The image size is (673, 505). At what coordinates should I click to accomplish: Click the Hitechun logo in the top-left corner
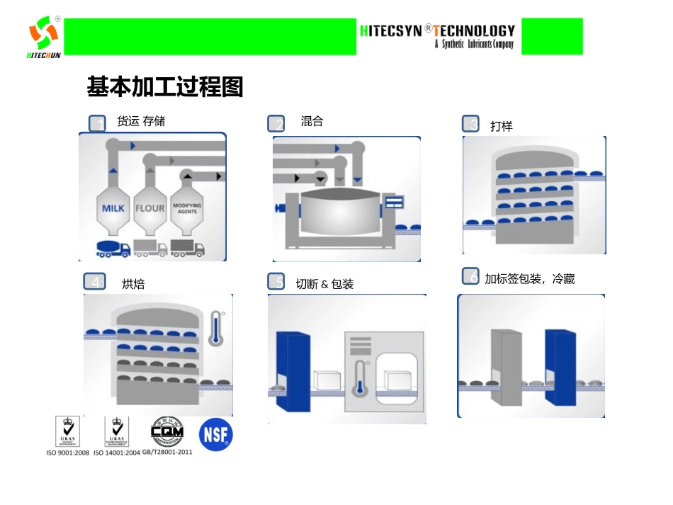(43, 36)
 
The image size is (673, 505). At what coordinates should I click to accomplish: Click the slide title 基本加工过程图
(164, 87)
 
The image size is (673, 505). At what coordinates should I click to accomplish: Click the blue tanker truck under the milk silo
(113, 249)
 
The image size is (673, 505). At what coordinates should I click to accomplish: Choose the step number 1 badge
(98, 124)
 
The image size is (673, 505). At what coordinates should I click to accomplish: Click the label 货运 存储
(141, 121)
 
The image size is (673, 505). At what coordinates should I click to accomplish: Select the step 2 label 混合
(312, 121)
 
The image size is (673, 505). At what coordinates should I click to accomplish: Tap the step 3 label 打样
(501, 126)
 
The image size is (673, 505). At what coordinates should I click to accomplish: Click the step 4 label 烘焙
(133, 284)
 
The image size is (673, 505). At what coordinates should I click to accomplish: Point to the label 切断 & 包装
(324, 284)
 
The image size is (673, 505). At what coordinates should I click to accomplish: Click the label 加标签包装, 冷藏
(529, 279)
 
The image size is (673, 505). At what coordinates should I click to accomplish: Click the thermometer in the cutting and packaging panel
(361, 378)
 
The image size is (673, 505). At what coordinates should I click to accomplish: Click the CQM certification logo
(167, 431)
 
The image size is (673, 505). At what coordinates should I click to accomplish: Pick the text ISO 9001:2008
(68, 453)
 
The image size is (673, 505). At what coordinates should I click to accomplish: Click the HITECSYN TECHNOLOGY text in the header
(437, 31)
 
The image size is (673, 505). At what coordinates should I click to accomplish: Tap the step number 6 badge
(471, 276)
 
